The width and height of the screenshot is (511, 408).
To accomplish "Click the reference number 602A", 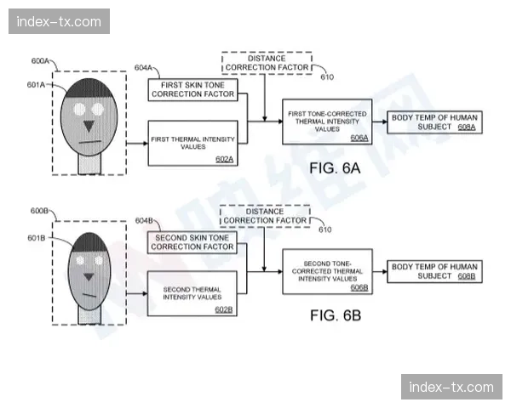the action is (x=224, y=159).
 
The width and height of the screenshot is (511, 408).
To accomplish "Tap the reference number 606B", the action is (x=359, y=287).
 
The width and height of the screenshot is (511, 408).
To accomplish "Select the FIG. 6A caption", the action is (x=335, y=168).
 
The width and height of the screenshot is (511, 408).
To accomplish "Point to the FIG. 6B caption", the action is (x=336, y=315).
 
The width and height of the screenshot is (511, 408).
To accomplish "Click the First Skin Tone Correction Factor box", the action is (x=193, y=90).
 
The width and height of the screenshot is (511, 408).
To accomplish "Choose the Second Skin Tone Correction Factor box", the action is (x=192, y=242).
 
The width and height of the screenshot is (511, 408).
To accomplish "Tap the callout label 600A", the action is (x=40, y=61).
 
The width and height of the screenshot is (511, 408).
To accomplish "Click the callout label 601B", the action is (x=36, y=238).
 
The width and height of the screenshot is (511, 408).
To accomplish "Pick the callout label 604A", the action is (x=143, y=68).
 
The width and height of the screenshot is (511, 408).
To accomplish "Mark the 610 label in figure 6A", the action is (x=327, y=77).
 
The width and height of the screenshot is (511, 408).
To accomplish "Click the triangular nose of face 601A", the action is (x=89, y=126).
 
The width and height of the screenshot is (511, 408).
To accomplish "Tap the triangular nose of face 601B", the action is (x=89, y=276).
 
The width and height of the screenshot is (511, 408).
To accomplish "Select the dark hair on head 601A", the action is (x=89, y=88).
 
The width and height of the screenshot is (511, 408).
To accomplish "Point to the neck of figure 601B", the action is (x=89, y=315).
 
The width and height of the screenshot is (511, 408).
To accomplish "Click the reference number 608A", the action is (x=467, y=127).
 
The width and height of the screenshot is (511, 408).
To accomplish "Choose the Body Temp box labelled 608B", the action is (x=434, y=271).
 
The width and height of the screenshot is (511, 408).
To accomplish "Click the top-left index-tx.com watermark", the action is (x=59, y=21).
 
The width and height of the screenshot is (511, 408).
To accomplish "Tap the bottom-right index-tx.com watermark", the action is (x=451, y=387).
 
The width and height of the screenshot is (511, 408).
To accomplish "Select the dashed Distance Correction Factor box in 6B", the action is (x=265, y=216).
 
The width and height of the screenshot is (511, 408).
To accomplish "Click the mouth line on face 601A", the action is (x=90, y=142).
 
